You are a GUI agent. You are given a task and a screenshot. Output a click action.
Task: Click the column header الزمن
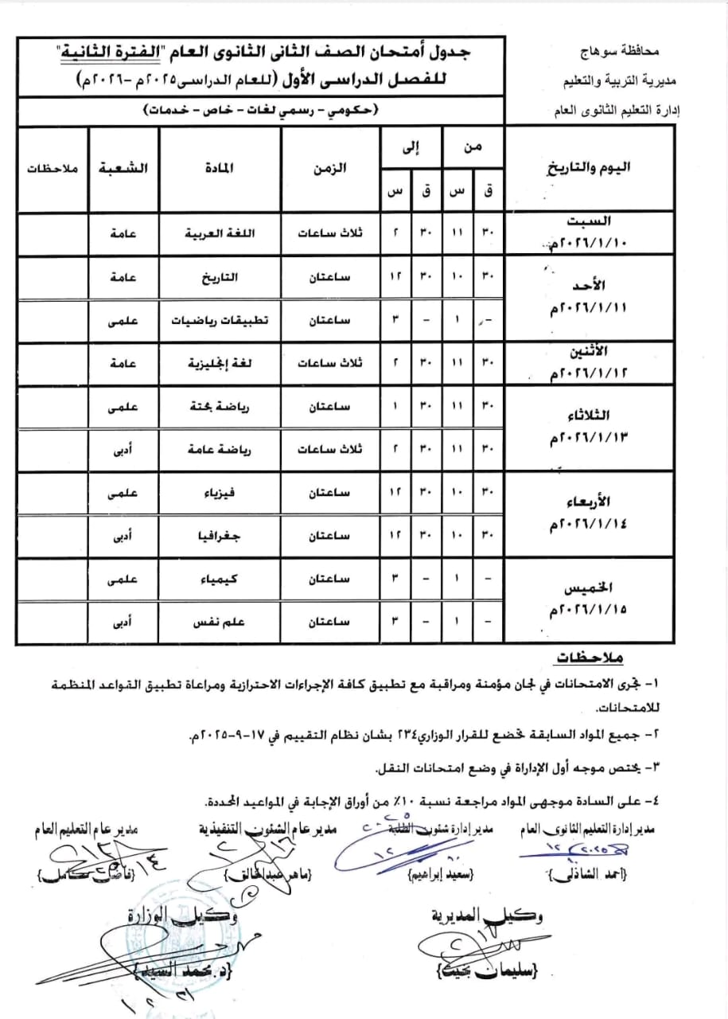[331, 169]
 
